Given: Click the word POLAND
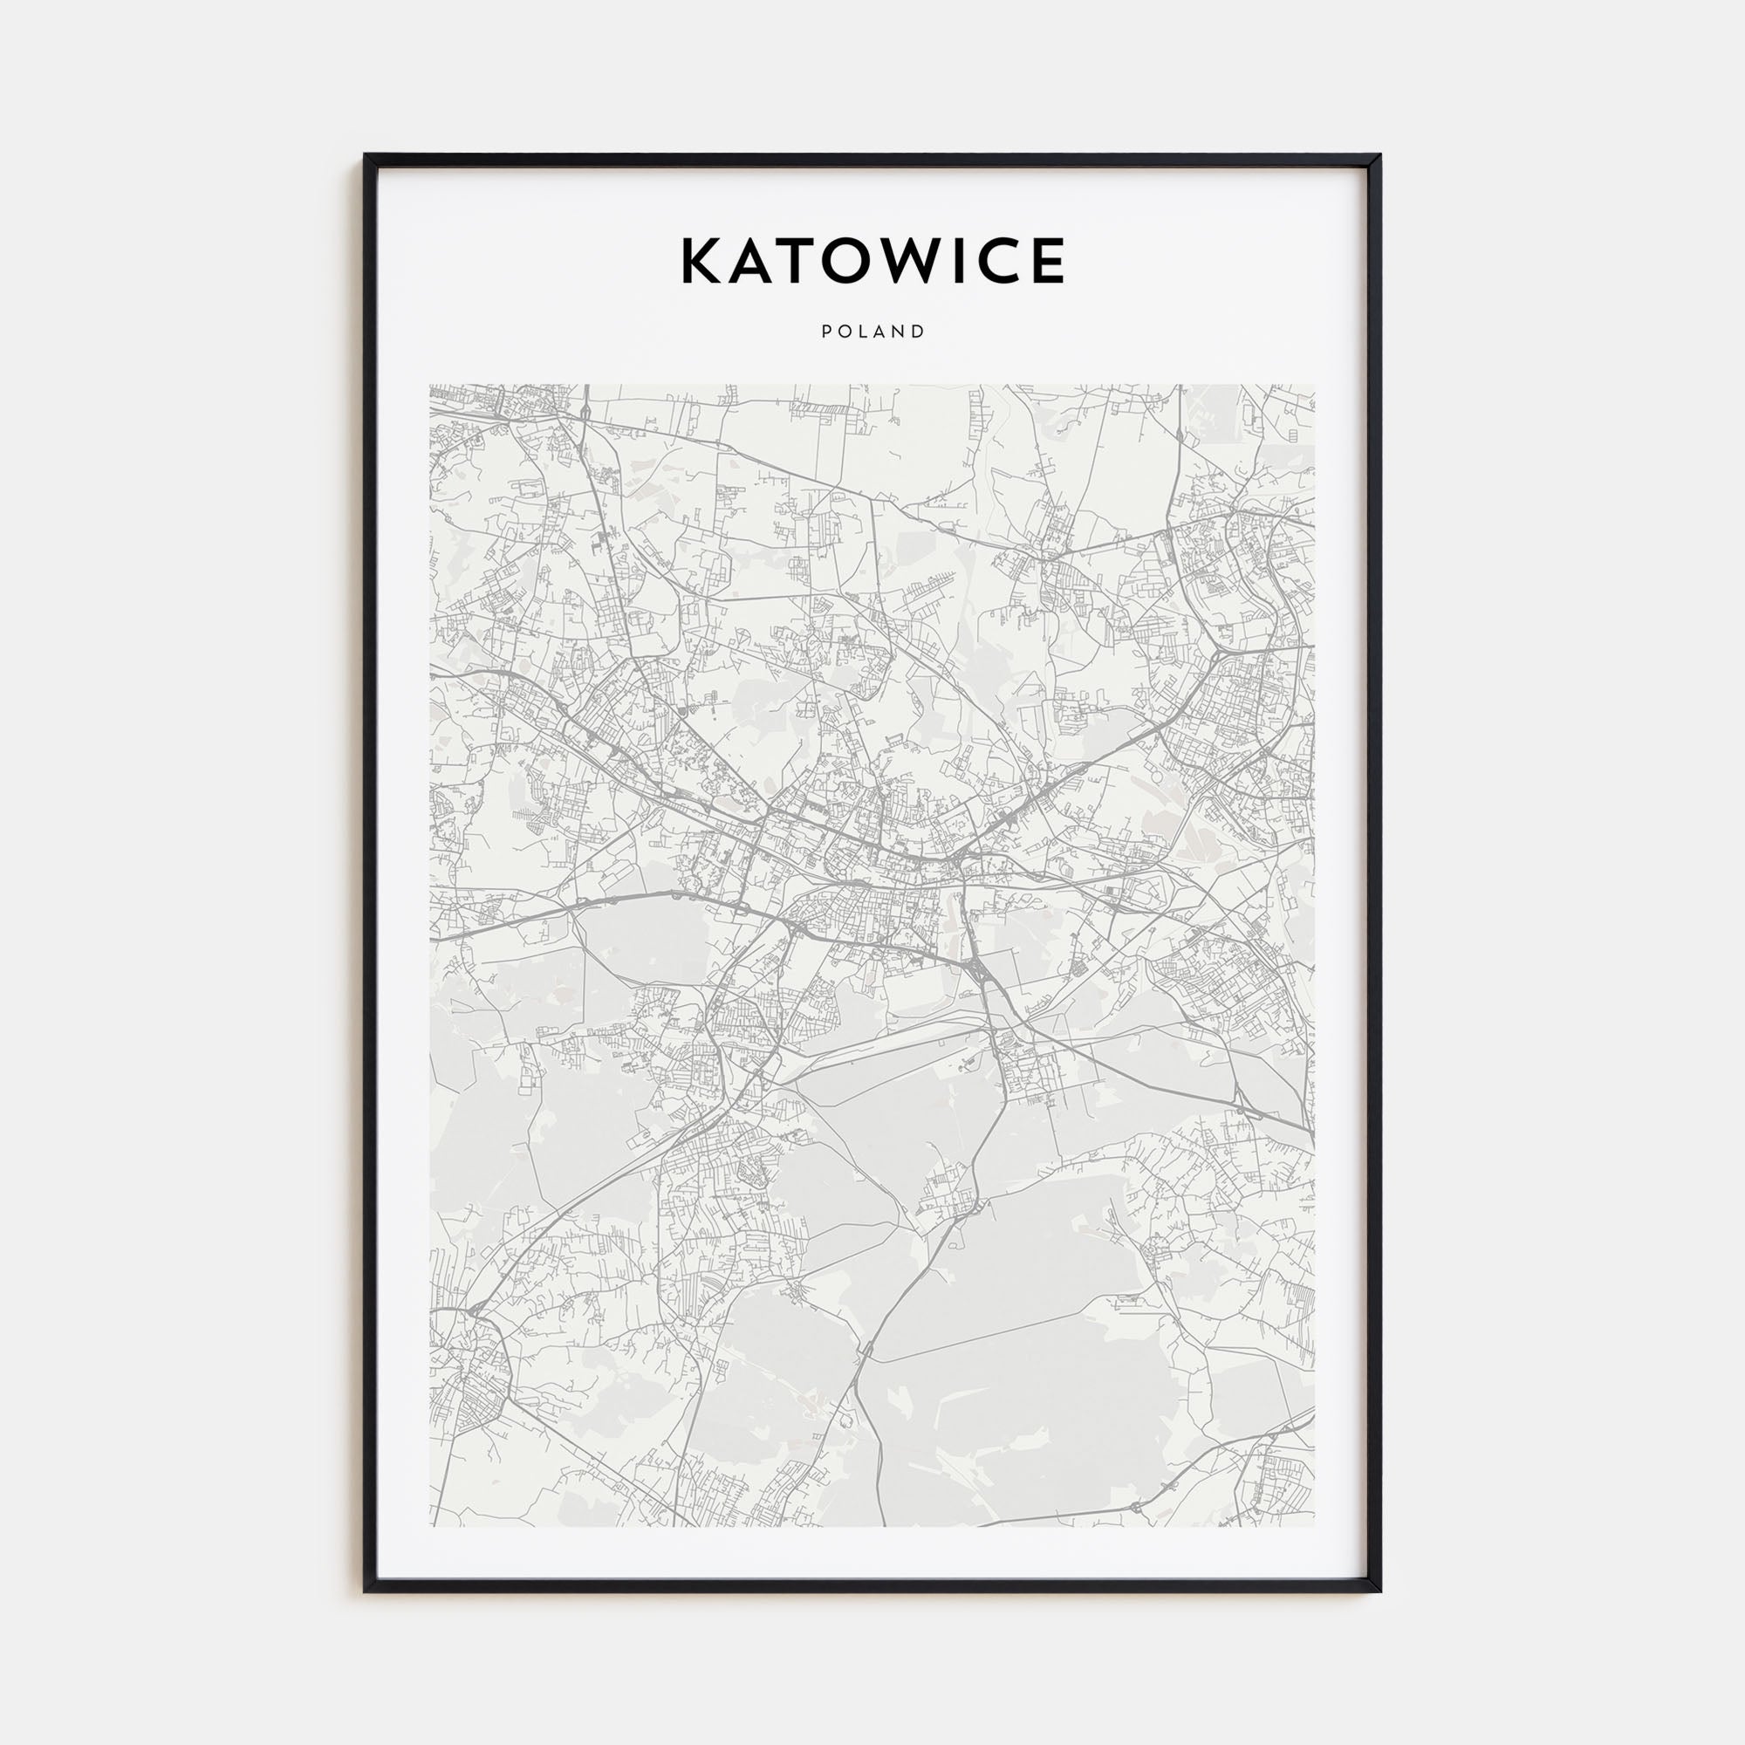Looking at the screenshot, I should click(872, 332).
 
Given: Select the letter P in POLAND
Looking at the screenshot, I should click(825, 332).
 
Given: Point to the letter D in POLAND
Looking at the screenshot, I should click(920, 332).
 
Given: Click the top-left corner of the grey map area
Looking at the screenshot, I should click(431, 386).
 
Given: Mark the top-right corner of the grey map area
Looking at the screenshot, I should click(1314, 386).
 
